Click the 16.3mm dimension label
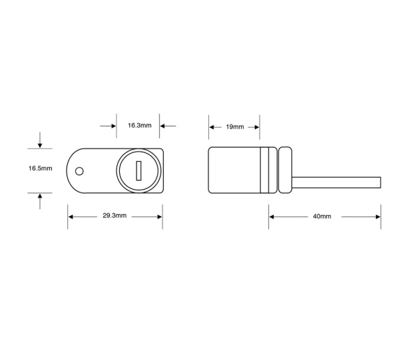[x=139, y=125]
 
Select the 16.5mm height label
[x=40, y=169]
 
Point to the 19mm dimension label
[x=234, y=126]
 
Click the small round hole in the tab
[x=79, y=171]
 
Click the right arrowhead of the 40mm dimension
[x=377, y=217]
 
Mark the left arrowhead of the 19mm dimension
[x=212, y=126]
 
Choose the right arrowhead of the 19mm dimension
[x=256, y=126]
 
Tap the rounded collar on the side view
[x=285, y=170]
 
